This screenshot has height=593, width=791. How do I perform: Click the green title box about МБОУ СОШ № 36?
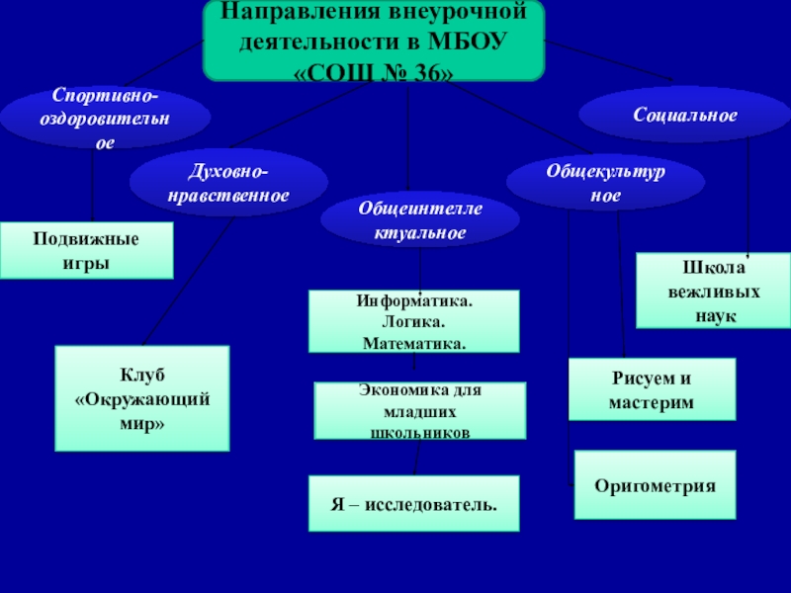(x=374, y=42)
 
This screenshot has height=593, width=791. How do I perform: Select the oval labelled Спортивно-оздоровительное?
(x=105, y=118)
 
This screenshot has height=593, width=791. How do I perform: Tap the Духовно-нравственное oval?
(x=227, y=182)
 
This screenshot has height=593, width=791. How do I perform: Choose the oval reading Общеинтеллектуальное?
(x=419, y=221)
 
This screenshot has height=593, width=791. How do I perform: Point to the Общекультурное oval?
(x=605, y=183)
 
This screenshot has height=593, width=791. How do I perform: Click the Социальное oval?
(x=684, y=116)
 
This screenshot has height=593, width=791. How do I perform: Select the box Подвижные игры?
(x=86, y=250)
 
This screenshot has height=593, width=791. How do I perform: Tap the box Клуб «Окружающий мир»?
(x=142, y=398)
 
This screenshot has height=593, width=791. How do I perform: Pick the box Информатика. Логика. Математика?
(x=413, y=321)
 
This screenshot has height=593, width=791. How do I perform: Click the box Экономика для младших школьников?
(x=419, y=411)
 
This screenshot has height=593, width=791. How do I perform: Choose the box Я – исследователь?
(x=413, y=504)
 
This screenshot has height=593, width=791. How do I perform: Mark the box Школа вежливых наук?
(x=713, y=292)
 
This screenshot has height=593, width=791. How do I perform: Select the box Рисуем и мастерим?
(x=652, y=390)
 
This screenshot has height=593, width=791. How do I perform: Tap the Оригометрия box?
(x=655, y=485)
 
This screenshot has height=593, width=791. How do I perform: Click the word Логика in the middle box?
(x=412, y=322)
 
